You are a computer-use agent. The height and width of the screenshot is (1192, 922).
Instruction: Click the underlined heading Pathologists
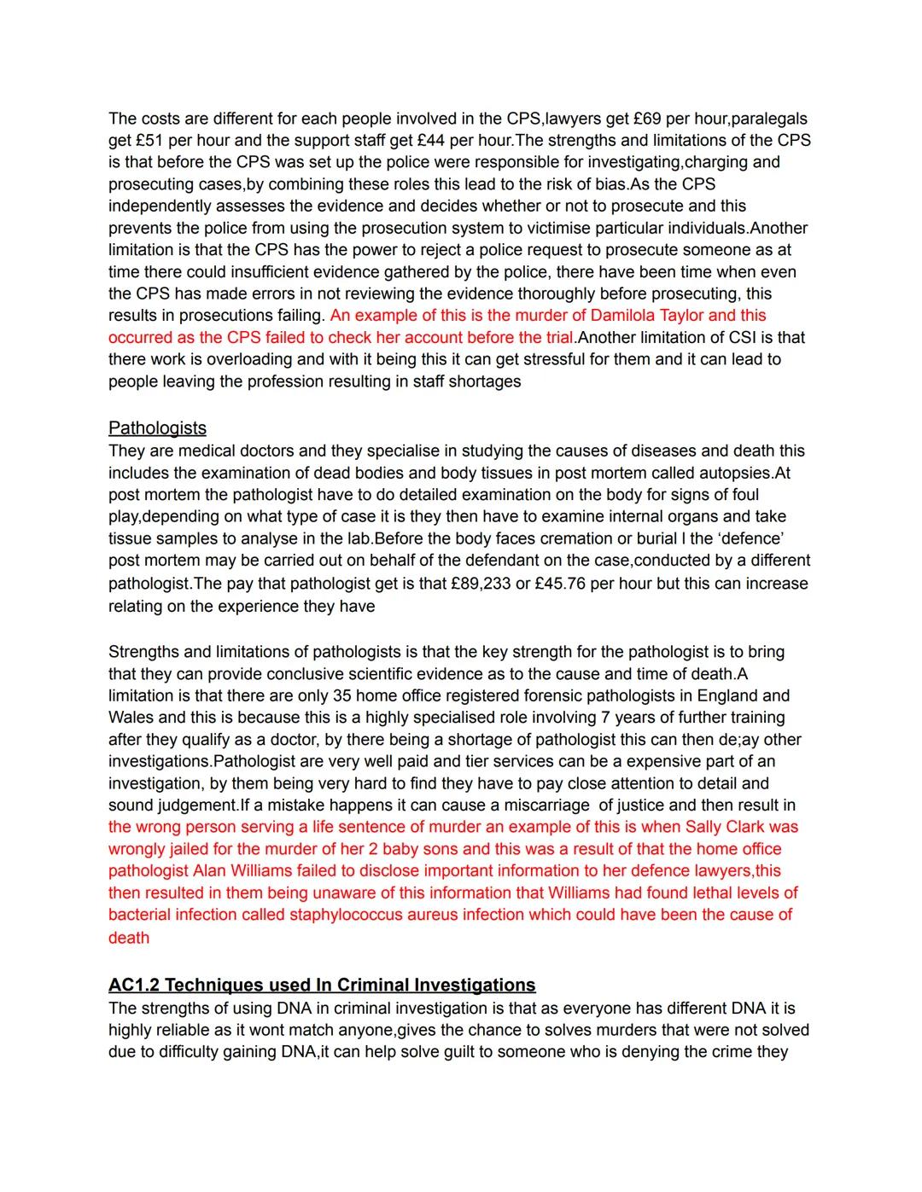click(x=157, y=427)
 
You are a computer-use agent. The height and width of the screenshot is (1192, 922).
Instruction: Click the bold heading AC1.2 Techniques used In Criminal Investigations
click(x=322, y=985)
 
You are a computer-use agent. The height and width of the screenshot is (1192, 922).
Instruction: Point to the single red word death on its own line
click(x=129, y=938)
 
